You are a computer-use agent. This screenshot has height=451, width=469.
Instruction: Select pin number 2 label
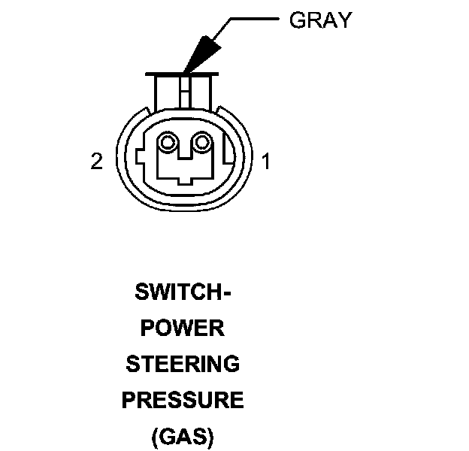click(x=96, y=162)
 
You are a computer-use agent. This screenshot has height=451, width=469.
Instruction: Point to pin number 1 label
click(x=265, y=162)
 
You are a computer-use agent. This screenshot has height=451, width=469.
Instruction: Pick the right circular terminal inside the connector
click(x=201, y=142)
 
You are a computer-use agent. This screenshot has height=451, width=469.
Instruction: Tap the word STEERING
click(x=183, y=365)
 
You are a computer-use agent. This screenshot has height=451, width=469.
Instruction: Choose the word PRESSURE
click(x=183, y=401)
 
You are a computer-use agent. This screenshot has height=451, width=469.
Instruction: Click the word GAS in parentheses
click(x=183, y=437)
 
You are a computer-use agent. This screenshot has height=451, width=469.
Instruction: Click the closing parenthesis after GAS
click(x=211, y=437)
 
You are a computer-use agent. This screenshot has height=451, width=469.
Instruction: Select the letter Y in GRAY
click(x=344, y=20)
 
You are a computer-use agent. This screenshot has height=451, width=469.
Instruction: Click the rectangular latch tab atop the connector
click(x=185, y=90)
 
